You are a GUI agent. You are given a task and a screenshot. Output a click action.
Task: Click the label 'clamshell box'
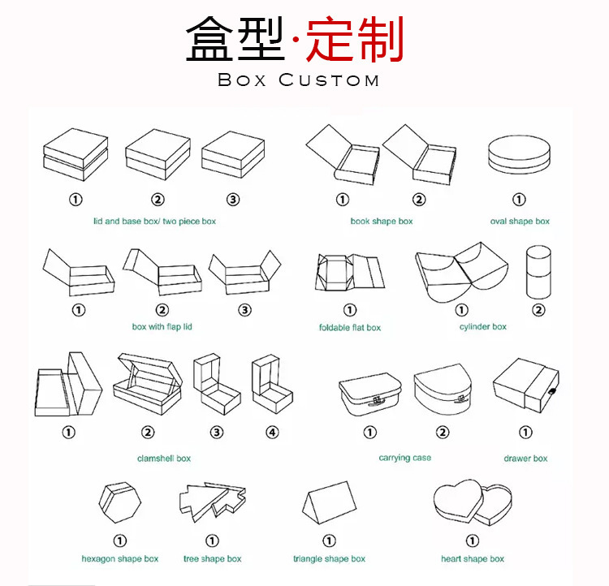(x=164, y=459)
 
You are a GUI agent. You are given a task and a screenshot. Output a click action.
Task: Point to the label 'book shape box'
(x=381, y=222)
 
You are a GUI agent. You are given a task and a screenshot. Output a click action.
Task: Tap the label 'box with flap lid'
(x=162, y=327)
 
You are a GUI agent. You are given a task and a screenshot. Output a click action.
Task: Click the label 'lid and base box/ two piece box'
(x=154, y=222)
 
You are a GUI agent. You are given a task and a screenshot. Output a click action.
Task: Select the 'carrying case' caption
(x=404, y=459)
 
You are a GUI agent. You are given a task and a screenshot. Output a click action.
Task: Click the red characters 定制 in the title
(x=356, y=41)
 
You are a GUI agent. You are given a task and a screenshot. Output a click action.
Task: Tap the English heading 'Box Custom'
(x=299, y=80)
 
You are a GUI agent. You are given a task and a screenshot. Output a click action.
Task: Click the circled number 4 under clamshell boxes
(x=272, y=433)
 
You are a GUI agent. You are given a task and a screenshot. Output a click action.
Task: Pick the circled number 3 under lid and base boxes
(x=233, y=200)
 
